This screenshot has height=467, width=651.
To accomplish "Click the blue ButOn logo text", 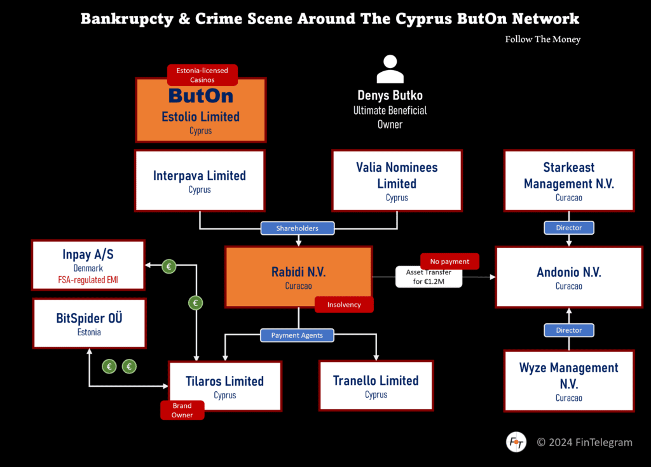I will pos(200,96).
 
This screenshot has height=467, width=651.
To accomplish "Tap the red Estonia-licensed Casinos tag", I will pos(202,75).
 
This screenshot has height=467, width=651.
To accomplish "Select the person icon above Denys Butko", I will pos(390,69).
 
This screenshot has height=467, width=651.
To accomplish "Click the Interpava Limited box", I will pos(200,181).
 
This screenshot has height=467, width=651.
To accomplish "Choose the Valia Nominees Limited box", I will pos(397,181).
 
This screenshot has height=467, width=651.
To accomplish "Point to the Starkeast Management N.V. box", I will pos(568,181).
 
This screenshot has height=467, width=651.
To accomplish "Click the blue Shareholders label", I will pos(298,228).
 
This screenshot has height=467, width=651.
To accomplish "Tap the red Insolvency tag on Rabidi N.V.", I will pos(344,305).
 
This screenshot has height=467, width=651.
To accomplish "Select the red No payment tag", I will pos(449,261).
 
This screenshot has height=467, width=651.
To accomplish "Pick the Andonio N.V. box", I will pos(568,277).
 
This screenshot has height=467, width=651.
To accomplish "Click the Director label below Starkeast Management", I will pos(568,227).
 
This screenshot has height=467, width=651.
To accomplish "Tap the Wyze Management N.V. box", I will pos(568,380).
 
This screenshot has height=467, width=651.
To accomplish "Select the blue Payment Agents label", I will pos(297,335).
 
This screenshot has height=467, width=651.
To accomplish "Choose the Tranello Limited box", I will pos(376,385).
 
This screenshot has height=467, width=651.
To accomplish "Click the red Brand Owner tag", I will pos(182,410).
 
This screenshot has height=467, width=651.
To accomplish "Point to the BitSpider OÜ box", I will pos(90,323).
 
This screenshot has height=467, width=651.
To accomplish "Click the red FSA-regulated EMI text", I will pos(89,280).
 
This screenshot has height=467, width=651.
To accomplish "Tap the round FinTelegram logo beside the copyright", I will pos(516,442).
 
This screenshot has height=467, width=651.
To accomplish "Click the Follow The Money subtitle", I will pos(542,39).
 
